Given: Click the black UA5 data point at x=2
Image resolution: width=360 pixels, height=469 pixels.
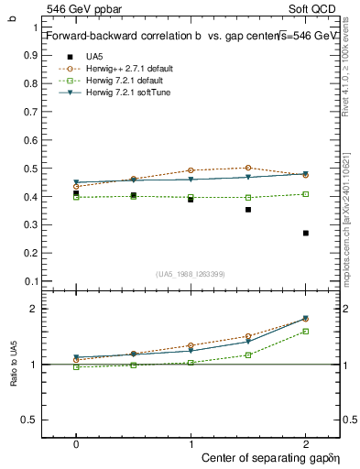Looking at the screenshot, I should [x=305, y=233].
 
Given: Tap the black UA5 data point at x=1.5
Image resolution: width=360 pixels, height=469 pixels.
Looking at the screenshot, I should [x=247, y=210].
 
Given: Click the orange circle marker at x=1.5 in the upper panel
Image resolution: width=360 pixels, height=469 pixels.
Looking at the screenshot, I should [x=247, y=168].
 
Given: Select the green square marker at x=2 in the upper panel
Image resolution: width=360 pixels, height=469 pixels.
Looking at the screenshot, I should [x=305, y=194].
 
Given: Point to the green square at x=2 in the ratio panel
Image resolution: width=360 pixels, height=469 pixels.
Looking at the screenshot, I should [x=305, y=331].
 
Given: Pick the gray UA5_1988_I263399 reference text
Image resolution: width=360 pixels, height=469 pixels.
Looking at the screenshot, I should [x=191, y=274].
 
